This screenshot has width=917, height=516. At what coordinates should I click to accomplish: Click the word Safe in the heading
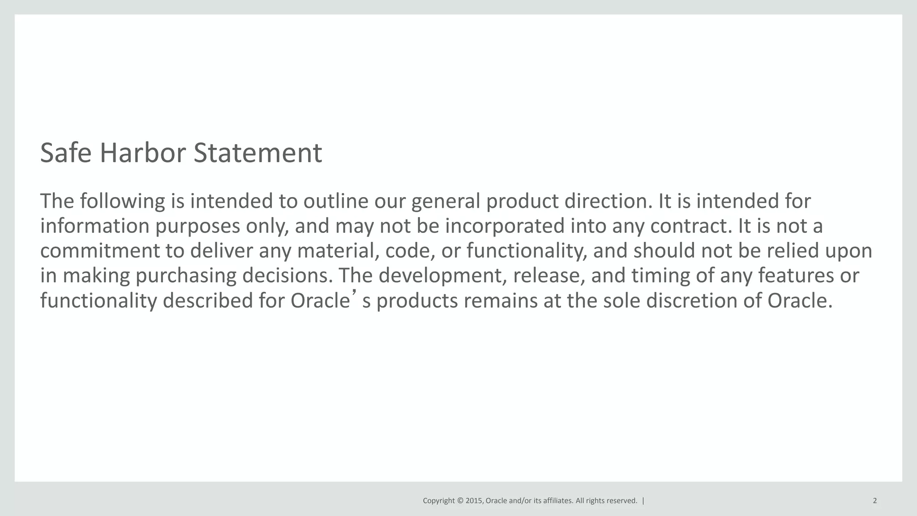(x=66, y=153)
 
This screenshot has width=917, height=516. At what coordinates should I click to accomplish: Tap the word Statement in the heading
(x=257, y=153)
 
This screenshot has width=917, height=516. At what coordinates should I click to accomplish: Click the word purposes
(x=197, y=227)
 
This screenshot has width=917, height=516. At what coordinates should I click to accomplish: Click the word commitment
(x=100, y=250)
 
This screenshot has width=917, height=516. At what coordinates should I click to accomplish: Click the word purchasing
(x=185, y=276)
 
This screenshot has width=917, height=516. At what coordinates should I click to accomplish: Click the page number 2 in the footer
(x=874, y=501)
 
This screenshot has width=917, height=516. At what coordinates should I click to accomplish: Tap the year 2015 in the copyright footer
(x=474, y=501)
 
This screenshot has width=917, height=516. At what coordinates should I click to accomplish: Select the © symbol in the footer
(x=460, y=501)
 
